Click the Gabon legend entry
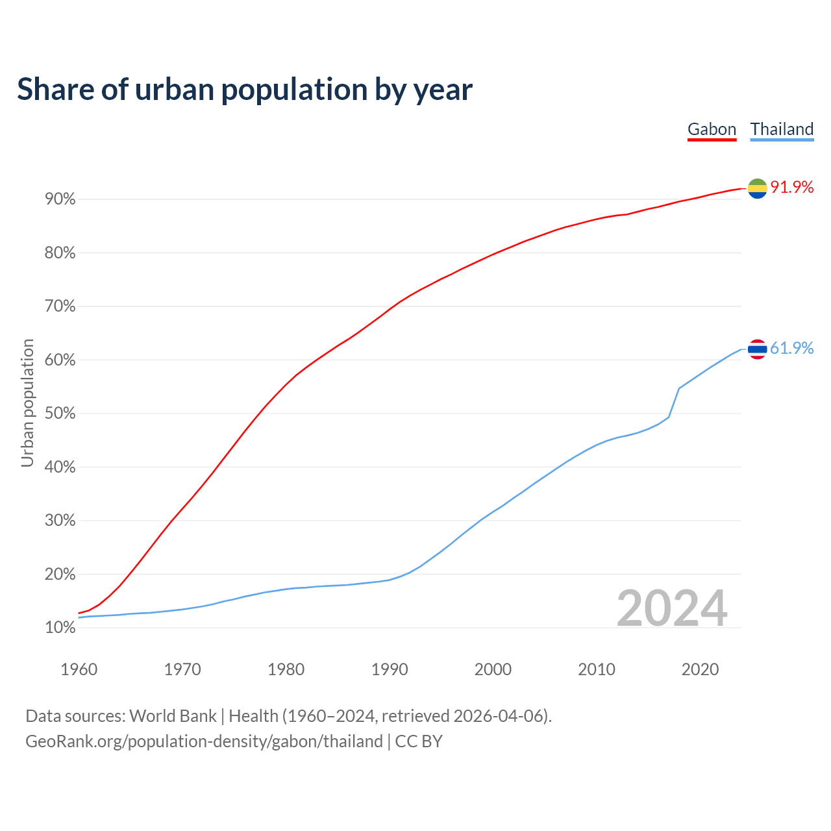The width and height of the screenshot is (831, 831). point(712,129)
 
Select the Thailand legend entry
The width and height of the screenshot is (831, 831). point(782,129)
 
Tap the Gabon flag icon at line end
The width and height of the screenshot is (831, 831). point(757,188)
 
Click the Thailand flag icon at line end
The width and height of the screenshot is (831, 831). point(757,349)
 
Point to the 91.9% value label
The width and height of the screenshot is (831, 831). point(792,188)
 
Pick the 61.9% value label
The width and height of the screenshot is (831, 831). point(792,349)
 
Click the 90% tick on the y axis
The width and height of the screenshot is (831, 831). point(60,199)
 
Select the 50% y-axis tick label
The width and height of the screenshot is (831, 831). point(60,414)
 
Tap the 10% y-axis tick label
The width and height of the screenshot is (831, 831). point(60,628)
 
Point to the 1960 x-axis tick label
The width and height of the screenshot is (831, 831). point(79,669)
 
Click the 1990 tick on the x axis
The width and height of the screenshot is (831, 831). point(390,669)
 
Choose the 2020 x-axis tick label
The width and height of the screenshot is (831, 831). point(700,669)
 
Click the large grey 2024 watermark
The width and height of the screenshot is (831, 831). point(672,609)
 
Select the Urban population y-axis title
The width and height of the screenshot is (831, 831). point(27,403)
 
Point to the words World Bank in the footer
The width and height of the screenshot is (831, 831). point(173,716)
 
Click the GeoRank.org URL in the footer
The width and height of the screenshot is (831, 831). point(204,741)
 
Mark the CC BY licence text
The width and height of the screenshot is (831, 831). point(419,741)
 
